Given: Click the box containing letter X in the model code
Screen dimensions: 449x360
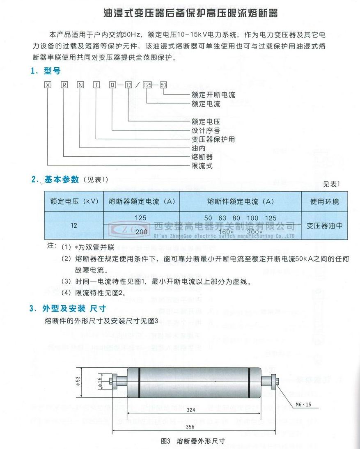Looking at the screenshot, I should (x=48, y=85).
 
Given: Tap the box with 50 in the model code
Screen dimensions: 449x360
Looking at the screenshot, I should (x=163, y=85).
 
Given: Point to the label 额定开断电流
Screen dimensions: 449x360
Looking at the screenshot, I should (x=213, y=95).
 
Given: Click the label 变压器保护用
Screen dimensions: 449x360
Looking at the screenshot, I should (x=213, y=140).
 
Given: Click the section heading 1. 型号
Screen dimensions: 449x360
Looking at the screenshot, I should (x=46, y=71).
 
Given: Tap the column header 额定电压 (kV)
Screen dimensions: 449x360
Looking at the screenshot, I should (x=73, y=202).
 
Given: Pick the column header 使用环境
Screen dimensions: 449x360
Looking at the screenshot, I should (x=324, y=202).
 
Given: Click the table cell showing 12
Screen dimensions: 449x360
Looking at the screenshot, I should (x=73, y=225).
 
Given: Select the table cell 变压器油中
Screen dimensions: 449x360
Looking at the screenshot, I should (x=324, y=225).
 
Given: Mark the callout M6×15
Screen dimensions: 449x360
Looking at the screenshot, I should (x=303, y=404).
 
